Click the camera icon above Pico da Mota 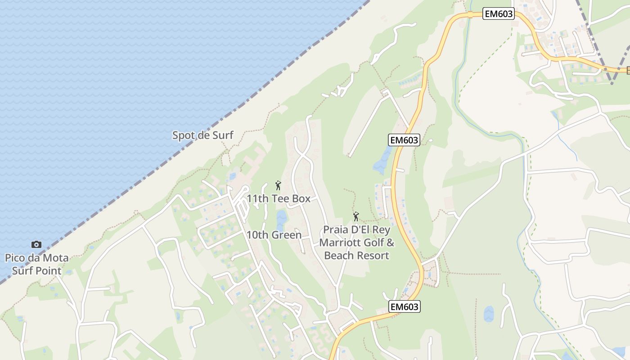point(36,245)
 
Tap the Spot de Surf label point(202,135)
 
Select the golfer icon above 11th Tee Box point(278,185)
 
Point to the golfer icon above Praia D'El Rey point(356,216)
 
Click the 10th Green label point(274,235)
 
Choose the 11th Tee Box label point(278,198)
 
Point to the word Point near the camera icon point(49,270)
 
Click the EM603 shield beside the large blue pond point(404,140)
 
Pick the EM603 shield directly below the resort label point(404,307)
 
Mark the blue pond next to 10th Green point(281,218)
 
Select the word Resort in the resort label point(374,256)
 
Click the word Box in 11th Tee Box point(301,198)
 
